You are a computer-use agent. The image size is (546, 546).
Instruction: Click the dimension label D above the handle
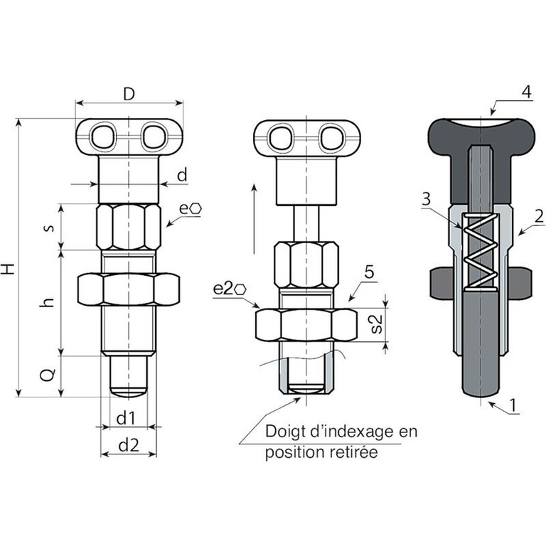point(129,94)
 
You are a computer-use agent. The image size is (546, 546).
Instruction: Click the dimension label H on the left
point(8,269)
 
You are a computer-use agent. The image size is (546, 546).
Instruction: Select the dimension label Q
point(48,375)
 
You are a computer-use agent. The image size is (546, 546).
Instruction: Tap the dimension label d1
point(126,417)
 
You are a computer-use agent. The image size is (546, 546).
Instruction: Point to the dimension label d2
point(129,445)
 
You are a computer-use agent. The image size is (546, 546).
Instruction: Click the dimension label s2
point(376,324)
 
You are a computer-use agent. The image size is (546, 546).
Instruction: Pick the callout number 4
point(527,92)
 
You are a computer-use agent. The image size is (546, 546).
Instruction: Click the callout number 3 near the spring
point(427,199)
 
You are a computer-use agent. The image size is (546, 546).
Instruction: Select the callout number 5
point(369,272)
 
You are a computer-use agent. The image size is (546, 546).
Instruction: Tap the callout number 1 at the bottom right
point(513,405)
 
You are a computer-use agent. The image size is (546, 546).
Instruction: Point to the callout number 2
point(539,217)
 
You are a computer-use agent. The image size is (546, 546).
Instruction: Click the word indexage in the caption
point(353,432)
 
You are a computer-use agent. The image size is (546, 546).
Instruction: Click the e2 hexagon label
point(230,289)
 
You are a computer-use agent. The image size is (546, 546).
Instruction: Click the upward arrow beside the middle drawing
point(255,219)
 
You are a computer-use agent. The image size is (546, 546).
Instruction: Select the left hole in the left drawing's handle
point(102,136)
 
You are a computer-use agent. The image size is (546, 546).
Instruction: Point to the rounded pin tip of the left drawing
point(128,392)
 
